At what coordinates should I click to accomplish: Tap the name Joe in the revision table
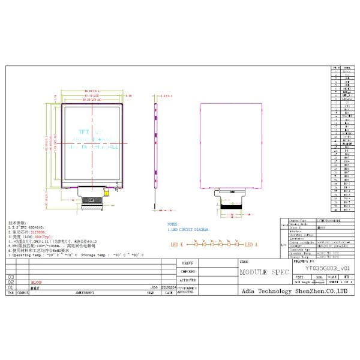pos(155,287)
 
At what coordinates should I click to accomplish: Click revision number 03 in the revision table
pos(10,277)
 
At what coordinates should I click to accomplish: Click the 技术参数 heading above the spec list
pos(17,221)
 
